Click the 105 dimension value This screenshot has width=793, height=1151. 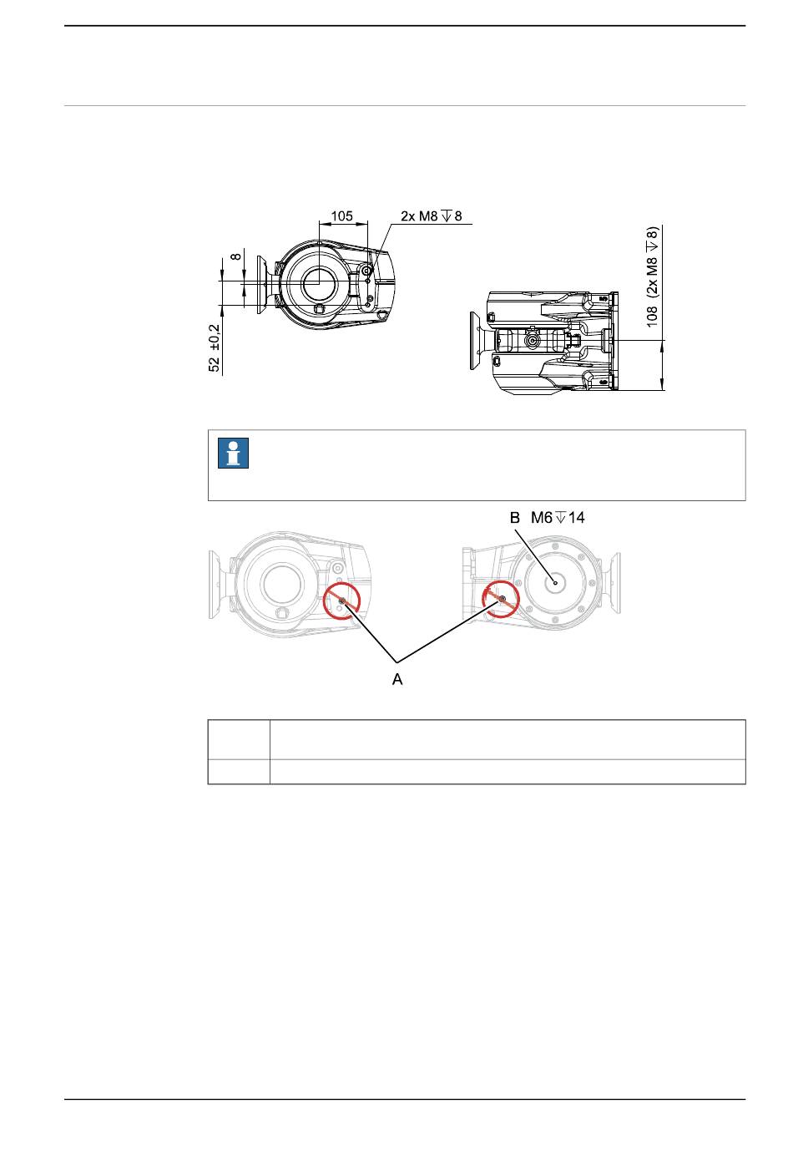click(x=341, y=215)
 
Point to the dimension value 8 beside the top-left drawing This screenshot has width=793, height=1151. click(x=235, y=256)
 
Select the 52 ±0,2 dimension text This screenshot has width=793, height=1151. click(x=215, y=347)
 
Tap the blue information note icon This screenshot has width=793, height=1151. click(x=233, y=453)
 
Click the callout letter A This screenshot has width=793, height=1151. click(x=397, y=679)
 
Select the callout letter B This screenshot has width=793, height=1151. click(x=515, y=517)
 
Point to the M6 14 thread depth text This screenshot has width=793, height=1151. click(x=558, y=517)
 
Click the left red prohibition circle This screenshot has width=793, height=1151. click(x=325, y=601)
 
